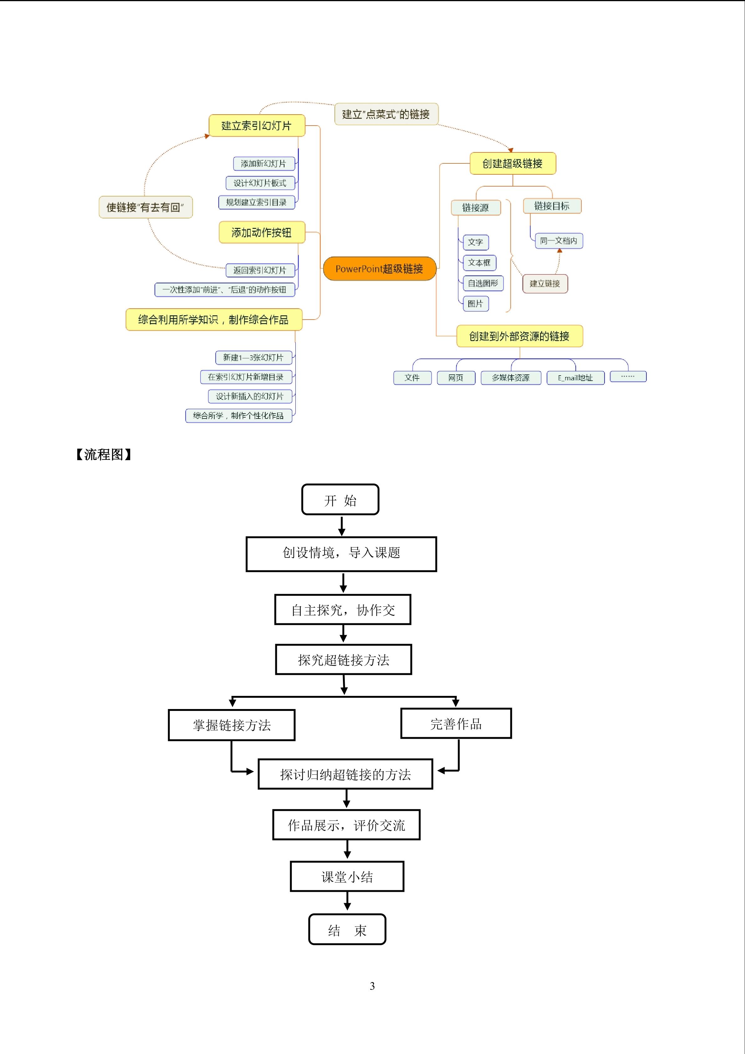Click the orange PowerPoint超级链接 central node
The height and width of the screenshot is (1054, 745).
click(379, 269)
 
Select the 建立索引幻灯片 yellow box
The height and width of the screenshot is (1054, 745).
click(257, 125)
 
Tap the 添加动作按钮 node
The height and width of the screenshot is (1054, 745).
click(262, 232)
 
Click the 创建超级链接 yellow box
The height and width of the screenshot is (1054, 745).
click(513, 163)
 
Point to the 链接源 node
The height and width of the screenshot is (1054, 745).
click(476, 208)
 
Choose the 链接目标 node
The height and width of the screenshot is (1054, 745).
click(552, 206)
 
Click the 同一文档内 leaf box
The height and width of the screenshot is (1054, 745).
click(559, 240)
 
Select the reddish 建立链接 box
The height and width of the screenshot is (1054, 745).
click(545, 283)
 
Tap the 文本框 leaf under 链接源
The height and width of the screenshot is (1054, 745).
click(479, 263)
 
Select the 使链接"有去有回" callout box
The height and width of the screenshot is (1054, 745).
click(145, 207)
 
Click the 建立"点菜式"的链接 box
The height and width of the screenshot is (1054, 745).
click(386, 114)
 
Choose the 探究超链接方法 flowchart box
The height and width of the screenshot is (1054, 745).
click(344, 659)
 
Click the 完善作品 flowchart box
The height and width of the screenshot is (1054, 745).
click(456, 723)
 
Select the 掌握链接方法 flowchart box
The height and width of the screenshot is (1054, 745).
click(232, 725)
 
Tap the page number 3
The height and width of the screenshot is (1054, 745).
click(372, 985)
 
